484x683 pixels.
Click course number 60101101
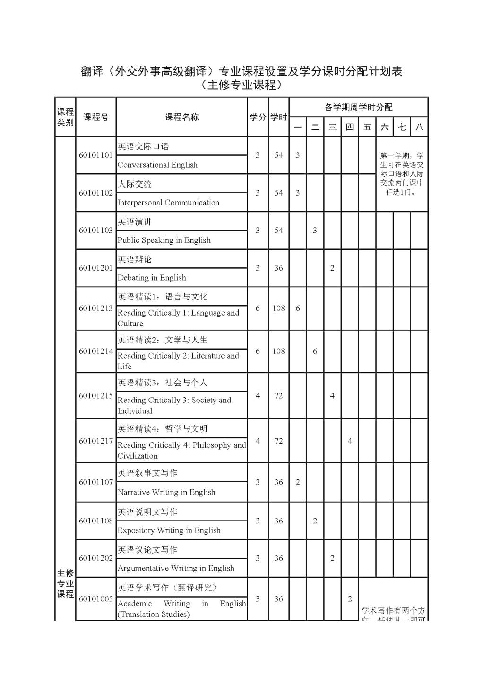(x=95, y=155)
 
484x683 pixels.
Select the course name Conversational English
(x=157, y=165)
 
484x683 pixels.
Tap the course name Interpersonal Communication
(x=168, y=203)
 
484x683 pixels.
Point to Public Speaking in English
(x=164, y=240)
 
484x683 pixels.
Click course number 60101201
(x=95, y=268)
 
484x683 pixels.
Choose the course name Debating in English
(x=152, y=278)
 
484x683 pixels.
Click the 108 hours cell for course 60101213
(x=278, y=308)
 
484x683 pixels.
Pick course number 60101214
(x=95, y=351)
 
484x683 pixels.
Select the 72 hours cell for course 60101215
(x=278, y=396)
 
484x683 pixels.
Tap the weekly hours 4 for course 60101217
(x=350, y=441)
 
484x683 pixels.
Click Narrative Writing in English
(x=166, y=492)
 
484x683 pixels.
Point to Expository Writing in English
(x=169, y=530)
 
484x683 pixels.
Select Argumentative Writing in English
(x=176, y=568)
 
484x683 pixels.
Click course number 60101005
(x=95, y=599)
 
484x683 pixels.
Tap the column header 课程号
(x=95, y=117)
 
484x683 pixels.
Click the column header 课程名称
(x=181, y=117)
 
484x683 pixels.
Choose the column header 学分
(x=258, y=117)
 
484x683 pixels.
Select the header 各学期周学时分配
(x=358, y=107)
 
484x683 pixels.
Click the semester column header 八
(x=419, y=127)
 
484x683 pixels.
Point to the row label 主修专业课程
(x=65, y=583)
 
